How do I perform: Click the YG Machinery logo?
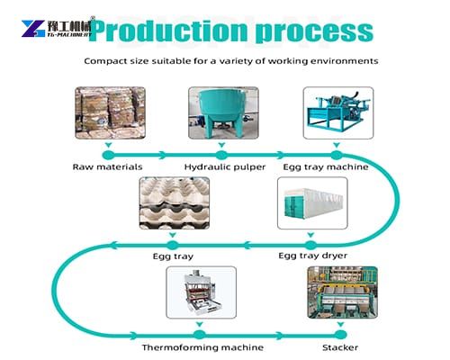coord(56,29)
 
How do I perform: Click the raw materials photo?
coord(107,113)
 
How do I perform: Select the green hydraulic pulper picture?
coord(220,113)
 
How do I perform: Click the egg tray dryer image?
coord(310,204)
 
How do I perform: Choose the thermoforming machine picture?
coord(202,295)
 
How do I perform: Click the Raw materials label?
coord(107,167)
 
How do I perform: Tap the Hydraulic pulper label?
coord(221,167)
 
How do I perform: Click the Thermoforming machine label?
coord(203,347)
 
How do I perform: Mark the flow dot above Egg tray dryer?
coord(310,244)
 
